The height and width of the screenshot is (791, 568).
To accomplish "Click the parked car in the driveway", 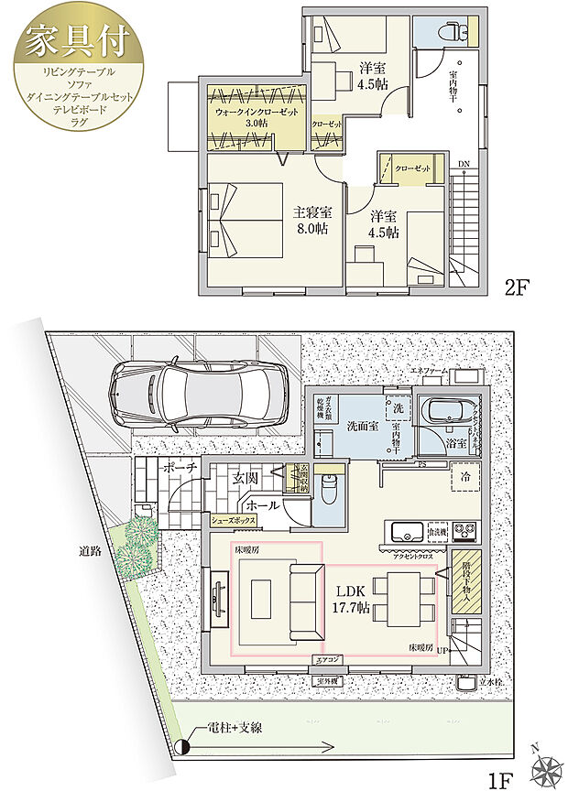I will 197,395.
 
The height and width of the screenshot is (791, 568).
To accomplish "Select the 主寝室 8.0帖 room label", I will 311,221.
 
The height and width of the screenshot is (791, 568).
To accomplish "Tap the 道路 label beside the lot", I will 89,551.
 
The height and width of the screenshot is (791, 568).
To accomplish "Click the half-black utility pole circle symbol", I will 183,745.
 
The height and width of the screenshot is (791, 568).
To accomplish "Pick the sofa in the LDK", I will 301,601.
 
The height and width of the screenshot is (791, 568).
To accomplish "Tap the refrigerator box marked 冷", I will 465,476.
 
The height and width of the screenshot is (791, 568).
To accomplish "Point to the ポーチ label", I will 176,468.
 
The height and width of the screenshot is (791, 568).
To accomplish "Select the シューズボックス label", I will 234,520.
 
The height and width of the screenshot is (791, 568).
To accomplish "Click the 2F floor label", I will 518,287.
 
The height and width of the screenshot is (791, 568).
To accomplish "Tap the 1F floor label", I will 498,781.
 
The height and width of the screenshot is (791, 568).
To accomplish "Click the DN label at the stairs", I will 464,164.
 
